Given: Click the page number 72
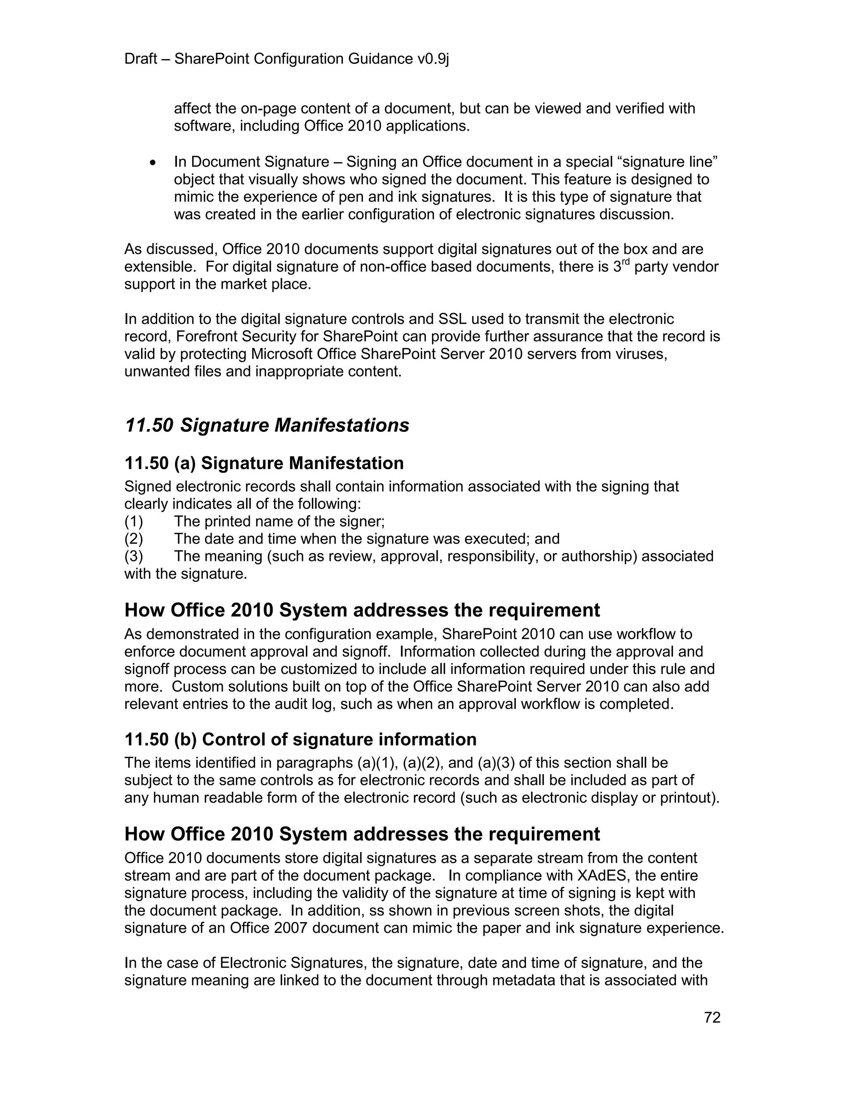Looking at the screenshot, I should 712,1018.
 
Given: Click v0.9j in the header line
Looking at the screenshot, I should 433,59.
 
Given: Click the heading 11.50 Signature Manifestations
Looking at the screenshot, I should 267,425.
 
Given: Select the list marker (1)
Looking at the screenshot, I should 134,521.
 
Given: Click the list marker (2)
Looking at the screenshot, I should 134,539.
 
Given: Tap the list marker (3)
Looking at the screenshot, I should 134,556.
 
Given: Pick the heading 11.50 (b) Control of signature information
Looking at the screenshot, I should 300,739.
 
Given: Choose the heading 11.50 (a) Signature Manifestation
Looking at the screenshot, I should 264,463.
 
